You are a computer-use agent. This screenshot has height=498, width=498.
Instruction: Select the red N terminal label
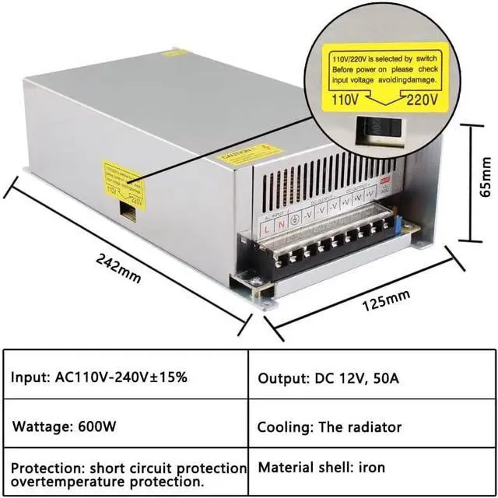[x=281, y=226]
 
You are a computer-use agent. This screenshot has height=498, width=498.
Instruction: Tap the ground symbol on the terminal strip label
[x=294, y=220]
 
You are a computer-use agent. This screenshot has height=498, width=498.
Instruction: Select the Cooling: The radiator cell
[x=330, y=427]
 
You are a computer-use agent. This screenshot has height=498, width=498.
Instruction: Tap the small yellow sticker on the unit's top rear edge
[x=176, y=53]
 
